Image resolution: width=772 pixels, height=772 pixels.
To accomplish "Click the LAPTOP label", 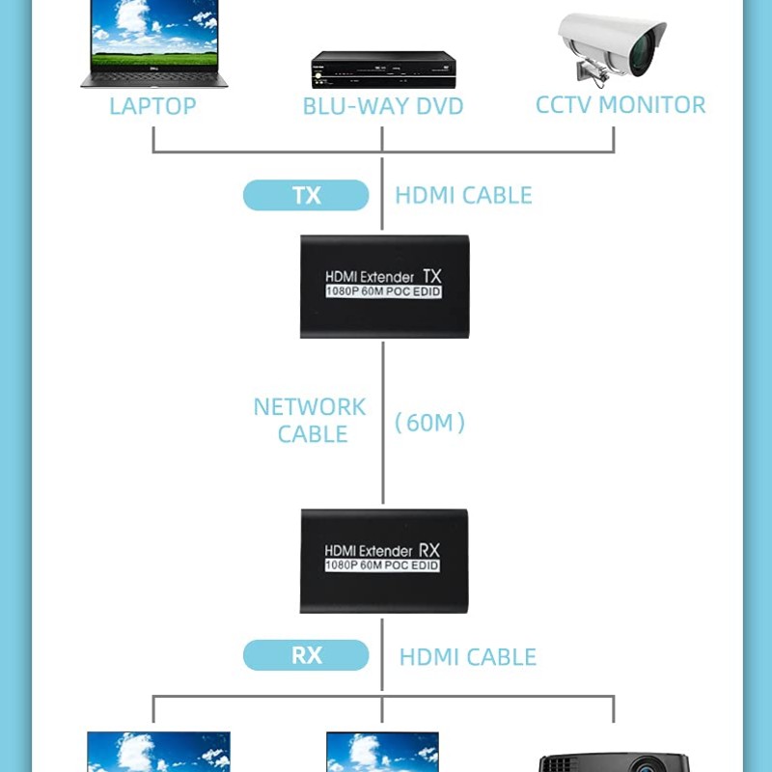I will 152,105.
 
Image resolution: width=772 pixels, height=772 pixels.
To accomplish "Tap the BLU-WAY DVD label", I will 383,105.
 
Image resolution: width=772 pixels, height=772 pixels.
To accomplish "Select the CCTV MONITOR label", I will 620,104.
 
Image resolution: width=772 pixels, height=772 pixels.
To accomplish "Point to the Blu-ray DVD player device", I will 383,69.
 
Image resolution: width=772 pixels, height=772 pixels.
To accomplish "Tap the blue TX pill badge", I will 306,195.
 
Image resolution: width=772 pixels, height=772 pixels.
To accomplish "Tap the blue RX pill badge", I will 306,655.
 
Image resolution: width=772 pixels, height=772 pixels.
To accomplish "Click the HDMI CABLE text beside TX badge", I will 463,195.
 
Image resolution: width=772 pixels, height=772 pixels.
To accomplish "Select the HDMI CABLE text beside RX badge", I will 467,657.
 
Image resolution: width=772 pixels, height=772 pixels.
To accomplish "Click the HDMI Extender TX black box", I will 384,286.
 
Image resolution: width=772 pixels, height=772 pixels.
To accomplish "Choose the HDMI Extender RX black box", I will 384,560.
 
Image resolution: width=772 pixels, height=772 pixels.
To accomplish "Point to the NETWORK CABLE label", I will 310,421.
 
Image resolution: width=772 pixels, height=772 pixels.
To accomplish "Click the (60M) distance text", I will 430,422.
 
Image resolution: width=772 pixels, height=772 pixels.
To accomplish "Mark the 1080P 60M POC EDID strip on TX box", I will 383,291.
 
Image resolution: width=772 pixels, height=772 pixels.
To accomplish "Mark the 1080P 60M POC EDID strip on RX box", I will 383,565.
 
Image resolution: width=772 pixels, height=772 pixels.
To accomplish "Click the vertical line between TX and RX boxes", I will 383,463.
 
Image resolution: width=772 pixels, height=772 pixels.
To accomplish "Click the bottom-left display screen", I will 158,753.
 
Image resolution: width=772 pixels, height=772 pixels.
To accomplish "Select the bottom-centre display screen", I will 382,753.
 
